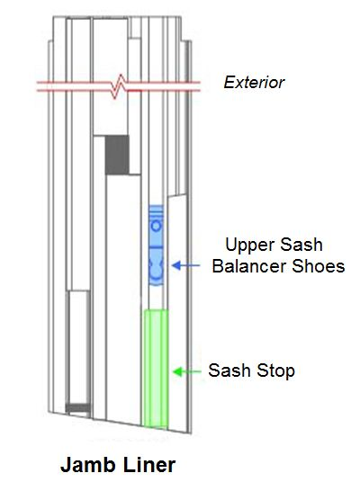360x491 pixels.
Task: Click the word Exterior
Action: tap(254, 83)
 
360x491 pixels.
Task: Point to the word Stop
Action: tap(276, 370)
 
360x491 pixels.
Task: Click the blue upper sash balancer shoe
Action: tap(156, 246)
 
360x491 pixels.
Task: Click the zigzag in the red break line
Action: tap(120, 86)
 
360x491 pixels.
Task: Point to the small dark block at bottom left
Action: tap(79, 408)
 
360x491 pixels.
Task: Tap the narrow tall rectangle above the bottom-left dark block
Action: tap(79, 346)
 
